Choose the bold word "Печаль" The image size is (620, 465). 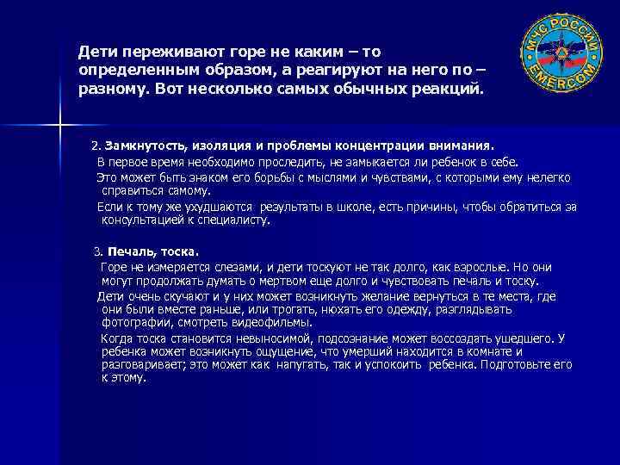click(129, 252)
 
